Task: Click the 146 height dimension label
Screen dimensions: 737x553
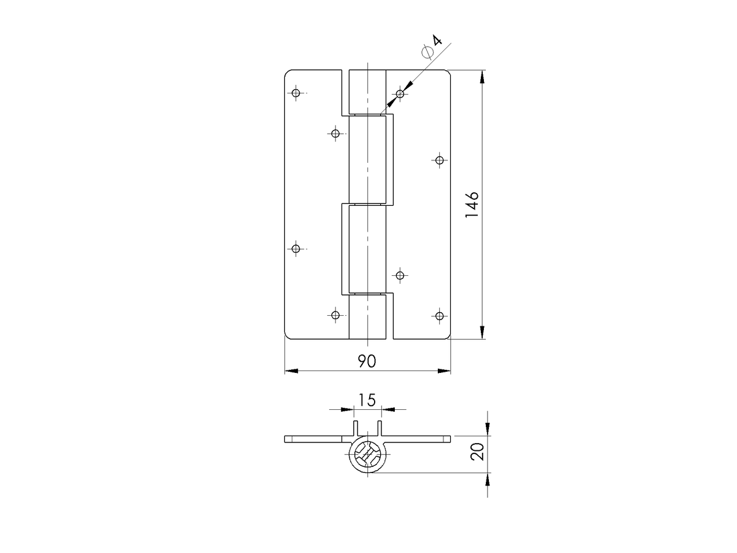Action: [x=472, y=205]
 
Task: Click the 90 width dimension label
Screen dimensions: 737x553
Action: [x=367, y=361]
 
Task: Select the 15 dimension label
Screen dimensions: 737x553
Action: [x=367, y=400]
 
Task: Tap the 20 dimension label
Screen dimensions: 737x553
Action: [x=477, y=452]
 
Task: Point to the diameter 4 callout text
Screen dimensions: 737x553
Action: [x=432, y=47]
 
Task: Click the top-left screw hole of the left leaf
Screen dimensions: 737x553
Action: [x=296, y=93]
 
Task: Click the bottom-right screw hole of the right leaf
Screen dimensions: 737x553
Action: [x=440, y=316]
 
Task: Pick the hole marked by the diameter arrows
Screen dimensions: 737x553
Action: [x=400, y=93]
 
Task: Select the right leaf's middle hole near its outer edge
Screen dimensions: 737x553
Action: [x=440, y=160]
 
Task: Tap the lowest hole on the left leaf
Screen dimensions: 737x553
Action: [x=335, y=315]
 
